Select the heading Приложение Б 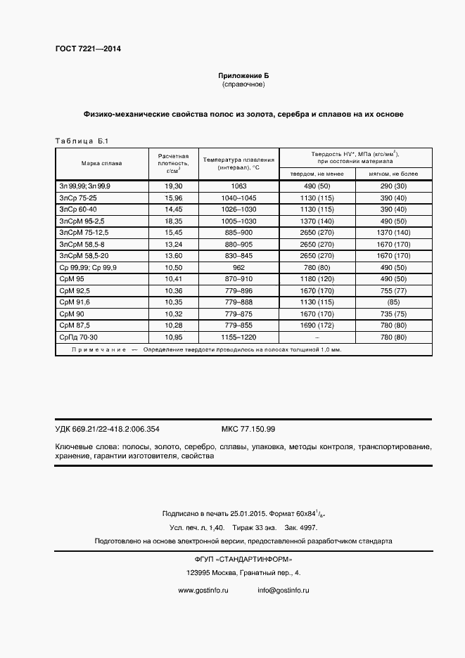[243, 75]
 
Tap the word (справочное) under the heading [243, 84]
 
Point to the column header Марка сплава [101, 164]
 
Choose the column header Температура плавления [238, 160]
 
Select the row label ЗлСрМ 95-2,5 [83, 220]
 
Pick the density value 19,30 [173, 185]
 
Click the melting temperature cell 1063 [238, 185]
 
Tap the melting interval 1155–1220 [238, 337]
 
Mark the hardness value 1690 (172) [317, 325]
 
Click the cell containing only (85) [394, 302]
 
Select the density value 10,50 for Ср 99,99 [173, 267]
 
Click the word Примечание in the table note [99, 349]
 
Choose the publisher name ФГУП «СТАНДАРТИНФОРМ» [243, 559]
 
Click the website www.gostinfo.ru [203, 591]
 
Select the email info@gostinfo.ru [284, 591]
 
